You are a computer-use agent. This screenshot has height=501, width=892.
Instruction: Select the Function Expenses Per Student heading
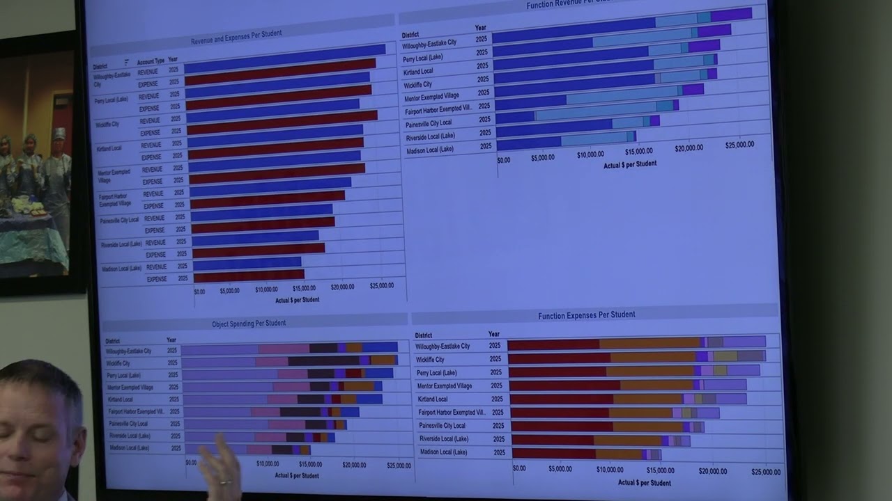coord(586,315)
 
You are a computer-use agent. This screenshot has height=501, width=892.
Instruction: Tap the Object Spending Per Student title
coord(249,324)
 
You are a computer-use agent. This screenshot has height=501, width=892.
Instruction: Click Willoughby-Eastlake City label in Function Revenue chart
coord(429,43)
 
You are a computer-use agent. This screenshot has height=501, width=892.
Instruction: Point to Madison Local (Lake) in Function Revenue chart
coord(430,150)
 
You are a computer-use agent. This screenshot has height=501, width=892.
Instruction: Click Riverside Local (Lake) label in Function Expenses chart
coord(443,439)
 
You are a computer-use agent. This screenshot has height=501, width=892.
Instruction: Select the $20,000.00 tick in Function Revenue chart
coord(689,148)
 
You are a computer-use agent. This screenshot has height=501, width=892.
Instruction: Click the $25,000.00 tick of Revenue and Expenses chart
coord(382,285)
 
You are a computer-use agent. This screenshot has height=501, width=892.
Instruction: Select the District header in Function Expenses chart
coord(424,335)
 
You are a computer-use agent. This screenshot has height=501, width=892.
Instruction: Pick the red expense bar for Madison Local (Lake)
coord(249,275)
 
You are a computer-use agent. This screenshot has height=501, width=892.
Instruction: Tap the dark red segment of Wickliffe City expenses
coord(560,358)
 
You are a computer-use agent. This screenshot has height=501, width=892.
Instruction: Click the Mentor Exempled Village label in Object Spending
coord(130,387)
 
